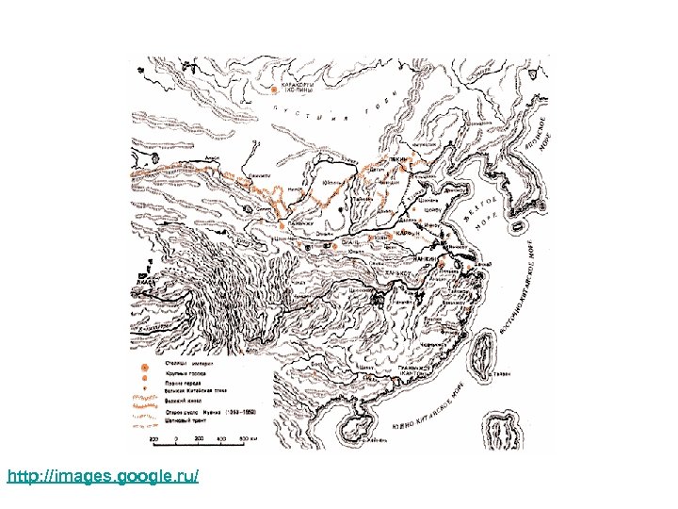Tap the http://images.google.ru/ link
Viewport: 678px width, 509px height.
pos(103,477)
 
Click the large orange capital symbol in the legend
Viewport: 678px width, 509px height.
pos(144,367)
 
